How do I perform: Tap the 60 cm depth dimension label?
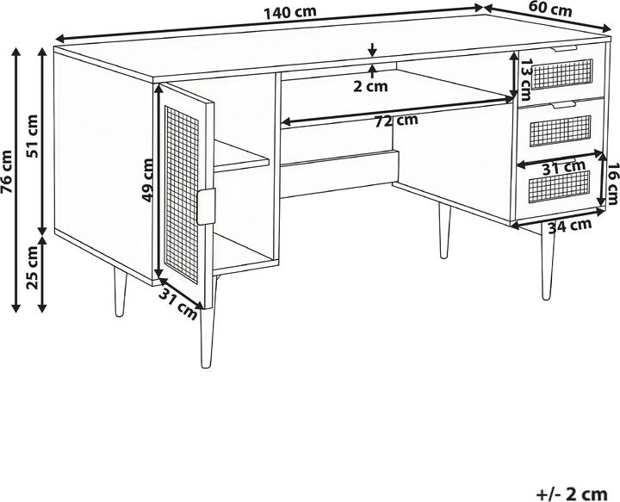(x=550, y=11)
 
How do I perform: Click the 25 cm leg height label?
(x=33, y=269)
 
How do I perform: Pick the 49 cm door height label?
(x=147, y=180)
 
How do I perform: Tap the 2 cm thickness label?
(x=371, y=85)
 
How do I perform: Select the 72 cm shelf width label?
(x=396, y=121)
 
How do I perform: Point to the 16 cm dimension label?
(x=612, y=184)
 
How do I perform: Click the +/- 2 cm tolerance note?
(x=572, y=493)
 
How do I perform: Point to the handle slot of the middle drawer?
(x=561, y=104)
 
